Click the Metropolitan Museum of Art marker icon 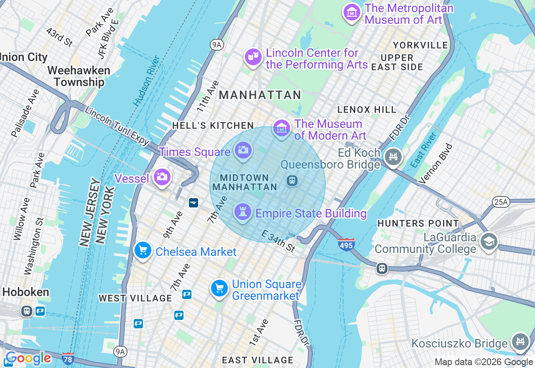pos(352,13)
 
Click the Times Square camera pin pos(243,150)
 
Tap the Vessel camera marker pos(162,177)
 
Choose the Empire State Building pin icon pos(242,212)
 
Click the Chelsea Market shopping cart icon pos(143,250)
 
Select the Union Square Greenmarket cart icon pos(219,289)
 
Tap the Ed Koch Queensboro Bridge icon pos(393,157)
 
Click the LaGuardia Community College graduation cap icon pos(489,241)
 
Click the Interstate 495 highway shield pos(346,244)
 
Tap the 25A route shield pos(501,202)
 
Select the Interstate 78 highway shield pos(68,358)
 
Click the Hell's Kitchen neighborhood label pos(213,125)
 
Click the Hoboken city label pos(25,292)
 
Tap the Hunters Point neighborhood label pos(418,224)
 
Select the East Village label pos(257,360)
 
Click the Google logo pos(28,358)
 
